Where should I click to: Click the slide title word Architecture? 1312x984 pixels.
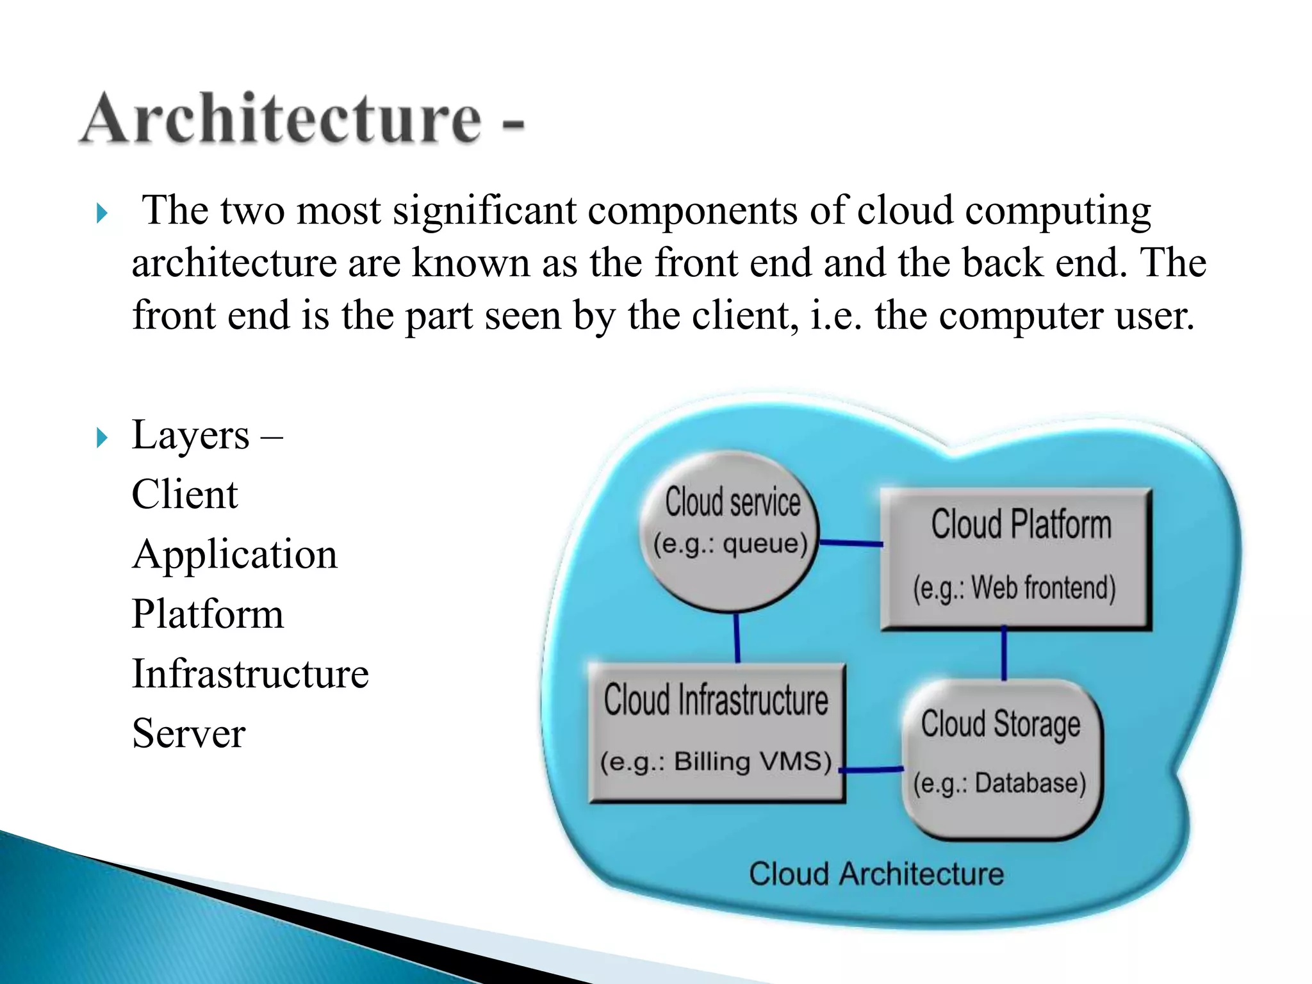(x=282, y=119)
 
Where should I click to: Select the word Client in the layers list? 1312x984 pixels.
(x=184, y=495)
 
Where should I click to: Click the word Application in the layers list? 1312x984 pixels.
(x=234, y=554)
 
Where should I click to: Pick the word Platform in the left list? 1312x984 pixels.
(x=208, y=614)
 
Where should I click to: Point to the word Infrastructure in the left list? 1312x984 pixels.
(x=250, y=673)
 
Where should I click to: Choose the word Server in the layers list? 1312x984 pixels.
(x=188, y=733)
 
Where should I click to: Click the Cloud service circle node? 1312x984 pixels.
(x=730, y=532)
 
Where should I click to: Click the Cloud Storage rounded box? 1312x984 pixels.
(x=1002, y=759)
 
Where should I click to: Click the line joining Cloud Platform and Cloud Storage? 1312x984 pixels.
(x=1004, y=653)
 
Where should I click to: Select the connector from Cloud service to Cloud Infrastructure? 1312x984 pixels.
(x=737, y=637)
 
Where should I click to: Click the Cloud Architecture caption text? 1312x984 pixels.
(x=876, y=874)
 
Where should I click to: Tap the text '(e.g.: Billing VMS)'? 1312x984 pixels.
(x=716, y=762)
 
